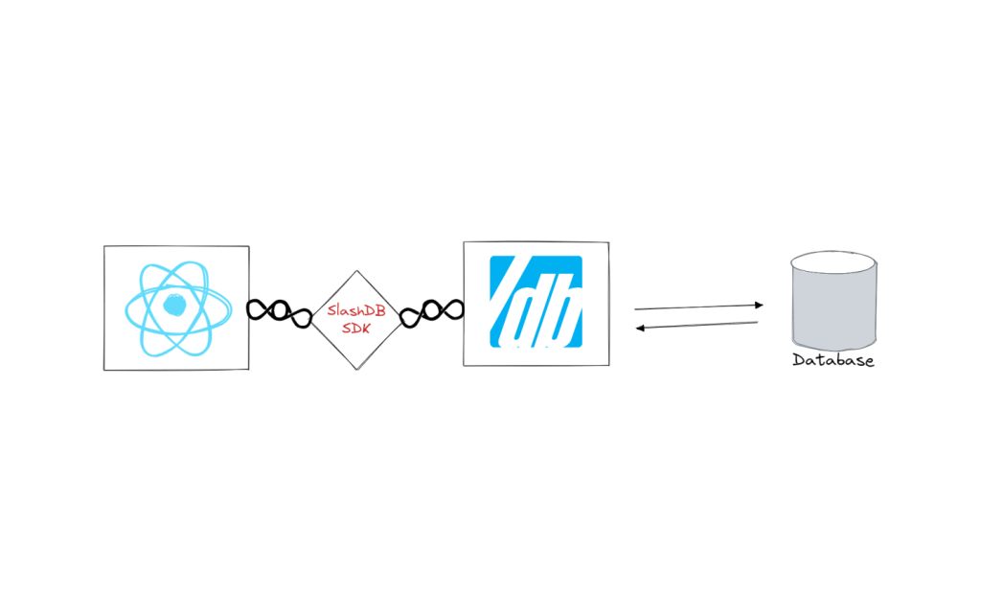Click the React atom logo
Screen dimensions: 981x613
click(x=178, y=308)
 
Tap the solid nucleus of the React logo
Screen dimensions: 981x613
click(x=174, y=306)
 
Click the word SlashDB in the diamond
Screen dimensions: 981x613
click(x=356, y=310)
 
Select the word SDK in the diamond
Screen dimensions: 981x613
click(x=356, y=328)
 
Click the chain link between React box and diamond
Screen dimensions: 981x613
click(x=279, y=312)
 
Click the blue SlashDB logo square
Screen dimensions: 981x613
click(x=536, y=302)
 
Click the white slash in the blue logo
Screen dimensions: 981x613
click(x=504, y=294)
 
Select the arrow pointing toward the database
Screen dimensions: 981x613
click(x=698, y=307)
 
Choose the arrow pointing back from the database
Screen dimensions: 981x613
click(x=697, y=326)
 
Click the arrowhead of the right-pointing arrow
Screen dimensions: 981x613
click(x=759, y=306)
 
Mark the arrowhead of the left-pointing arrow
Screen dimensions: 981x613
click(x=640, y=328)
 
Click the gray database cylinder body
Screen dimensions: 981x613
click(x=834, y=309)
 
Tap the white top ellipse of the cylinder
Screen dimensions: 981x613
click(x=833, y=262)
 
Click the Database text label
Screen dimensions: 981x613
click(x=833, y=360)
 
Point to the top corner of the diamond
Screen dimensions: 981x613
click(x=356, y=271)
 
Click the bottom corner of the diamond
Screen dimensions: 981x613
click(x=357, y=370)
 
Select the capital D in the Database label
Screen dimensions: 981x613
click(x=799, y=360)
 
